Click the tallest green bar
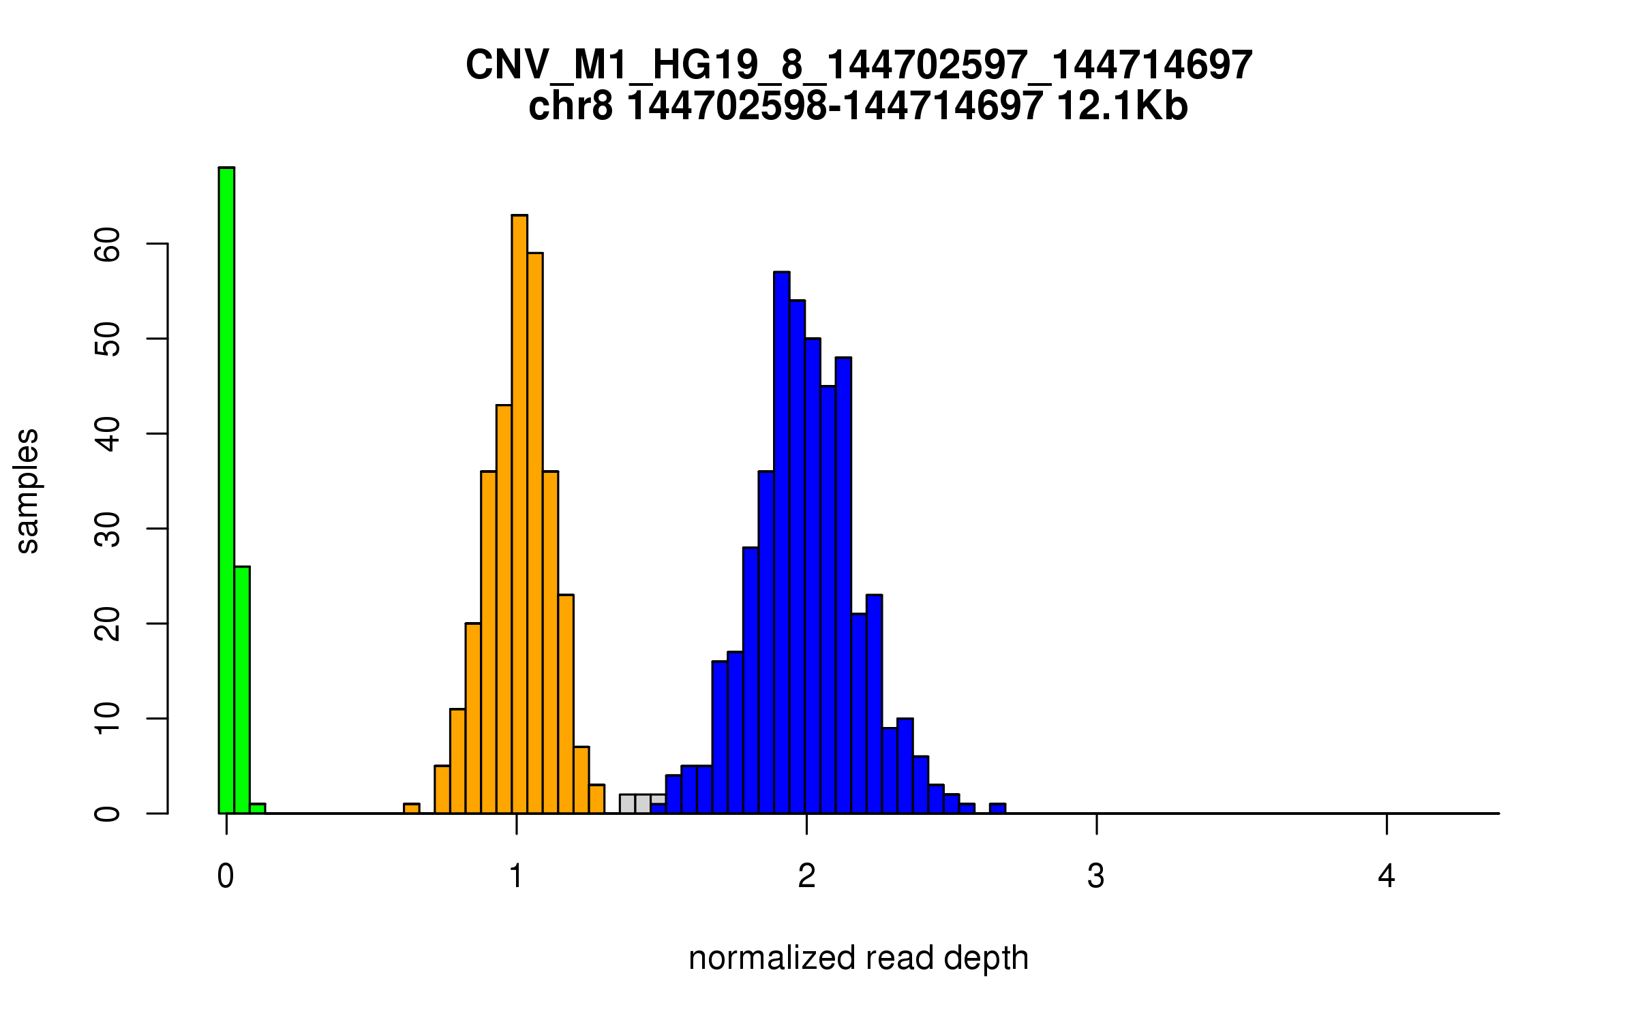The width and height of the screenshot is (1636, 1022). point(226,491)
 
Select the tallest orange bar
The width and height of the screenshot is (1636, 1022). point(519,514)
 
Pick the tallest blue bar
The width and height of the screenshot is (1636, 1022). point(782,542)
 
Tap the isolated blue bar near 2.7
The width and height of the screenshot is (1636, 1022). point(997,809)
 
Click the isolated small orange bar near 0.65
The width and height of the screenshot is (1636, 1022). point(412,809)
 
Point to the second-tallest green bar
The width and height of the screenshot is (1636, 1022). point(242,690)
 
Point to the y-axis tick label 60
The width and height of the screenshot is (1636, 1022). point(108,244)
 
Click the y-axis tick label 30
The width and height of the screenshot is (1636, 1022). point(108,529)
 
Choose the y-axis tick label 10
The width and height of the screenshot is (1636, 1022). point(108,719)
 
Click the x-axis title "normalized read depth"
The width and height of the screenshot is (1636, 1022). point(858,959)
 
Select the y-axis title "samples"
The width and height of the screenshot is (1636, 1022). point(27,491)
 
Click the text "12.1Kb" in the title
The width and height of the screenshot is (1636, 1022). point(1122,107)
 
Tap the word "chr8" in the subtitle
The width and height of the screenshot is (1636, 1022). point(570,107)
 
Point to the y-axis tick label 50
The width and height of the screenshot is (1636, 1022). point(108,339)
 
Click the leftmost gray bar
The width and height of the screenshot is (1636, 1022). point(627,804)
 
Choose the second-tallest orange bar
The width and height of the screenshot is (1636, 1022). point(535,533)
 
